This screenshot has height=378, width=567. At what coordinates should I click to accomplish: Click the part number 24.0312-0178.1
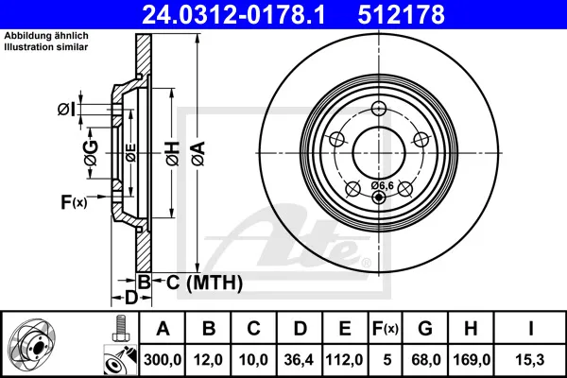pos(233,14)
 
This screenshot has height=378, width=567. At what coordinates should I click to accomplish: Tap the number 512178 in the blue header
pos(401,14)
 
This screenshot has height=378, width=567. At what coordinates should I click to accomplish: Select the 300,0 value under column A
pos(163,360)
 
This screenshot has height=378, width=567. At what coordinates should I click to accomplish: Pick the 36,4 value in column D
pos(299,360)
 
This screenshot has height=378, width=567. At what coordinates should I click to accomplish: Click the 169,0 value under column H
pos(472,360)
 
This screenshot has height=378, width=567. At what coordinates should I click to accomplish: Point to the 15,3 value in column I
pos(530,360)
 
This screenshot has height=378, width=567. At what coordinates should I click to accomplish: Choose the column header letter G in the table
pos(425,329)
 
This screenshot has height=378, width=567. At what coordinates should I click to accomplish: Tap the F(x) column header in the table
pos(386,329)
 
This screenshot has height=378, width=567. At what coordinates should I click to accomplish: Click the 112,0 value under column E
pos(344,360)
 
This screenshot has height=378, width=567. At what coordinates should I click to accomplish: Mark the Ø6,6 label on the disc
pos(382,186)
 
